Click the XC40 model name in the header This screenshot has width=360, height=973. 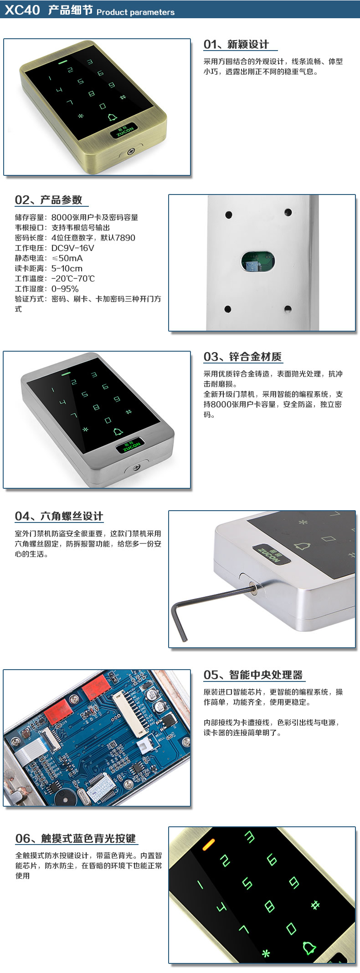(x=22, y=10)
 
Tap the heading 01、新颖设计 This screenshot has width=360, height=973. (x=236, y=44)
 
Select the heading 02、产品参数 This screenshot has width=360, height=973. (x=48, y=200)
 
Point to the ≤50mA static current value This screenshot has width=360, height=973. (x=67, y=258)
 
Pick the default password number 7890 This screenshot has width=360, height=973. (x=125, y=237)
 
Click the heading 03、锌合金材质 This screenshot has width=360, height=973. (x=242, y=357)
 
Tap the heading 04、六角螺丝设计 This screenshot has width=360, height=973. (x=59, y=516)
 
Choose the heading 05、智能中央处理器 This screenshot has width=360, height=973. (x=253, y=675)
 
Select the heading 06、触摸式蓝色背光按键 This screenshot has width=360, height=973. (x=76, y=838)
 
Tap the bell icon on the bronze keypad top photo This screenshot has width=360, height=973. (x=112, y=118)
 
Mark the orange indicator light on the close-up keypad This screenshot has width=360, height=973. (x=209, y=845)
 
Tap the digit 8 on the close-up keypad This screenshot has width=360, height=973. (x=269, y=906)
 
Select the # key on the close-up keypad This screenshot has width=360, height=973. (x=315, y=905)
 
